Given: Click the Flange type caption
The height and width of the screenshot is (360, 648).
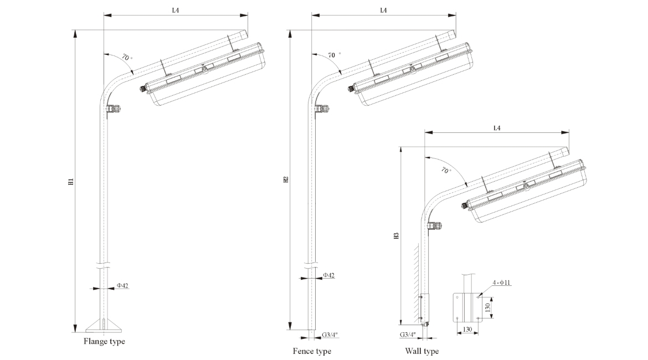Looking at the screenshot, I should pyautogui.click(x=104, y=342).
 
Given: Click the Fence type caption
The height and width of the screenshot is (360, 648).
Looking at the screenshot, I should pyautogui.click(x=312, y=351).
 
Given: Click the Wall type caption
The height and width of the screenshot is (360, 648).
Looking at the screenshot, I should pyautogui.click(x=421, y=351).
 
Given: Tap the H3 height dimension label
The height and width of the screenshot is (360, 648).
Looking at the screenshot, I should pyautogui.click(x=395, y=235).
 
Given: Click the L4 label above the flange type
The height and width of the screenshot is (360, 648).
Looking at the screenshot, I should pyautogui.click(x=175, y=10).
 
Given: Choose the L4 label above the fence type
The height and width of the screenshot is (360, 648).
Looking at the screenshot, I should pyautogui.click(x=383, y=10).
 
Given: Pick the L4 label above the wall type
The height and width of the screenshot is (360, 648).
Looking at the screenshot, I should pyautogui.click(x=496, y=128).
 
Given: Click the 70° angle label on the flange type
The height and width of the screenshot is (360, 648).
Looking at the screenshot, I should pyautogui.click(x=127, y=58).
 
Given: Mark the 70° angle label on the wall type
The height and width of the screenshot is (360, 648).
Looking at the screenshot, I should pyautogui.click(x=446, y=171).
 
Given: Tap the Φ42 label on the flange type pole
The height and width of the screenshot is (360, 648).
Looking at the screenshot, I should pyautogui.click(x=122, y=286).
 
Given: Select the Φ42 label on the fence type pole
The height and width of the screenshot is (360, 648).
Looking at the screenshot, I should pyautogui.click(x=328, y=275).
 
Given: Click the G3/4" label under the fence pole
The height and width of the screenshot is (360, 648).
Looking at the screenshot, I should pyautogui.click(x=330, y=335).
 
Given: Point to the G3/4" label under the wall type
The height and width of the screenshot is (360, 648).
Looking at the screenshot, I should pyautogui.click(x=408, y=335).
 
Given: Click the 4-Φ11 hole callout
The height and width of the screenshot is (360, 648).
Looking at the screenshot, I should pyautogui.click(x=502, y=283).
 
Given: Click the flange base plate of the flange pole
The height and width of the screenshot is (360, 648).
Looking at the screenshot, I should pyautogui.click(x=104, y=326).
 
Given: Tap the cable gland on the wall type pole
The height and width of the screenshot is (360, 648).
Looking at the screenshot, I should pyautogui.click(x=434, y=225).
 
